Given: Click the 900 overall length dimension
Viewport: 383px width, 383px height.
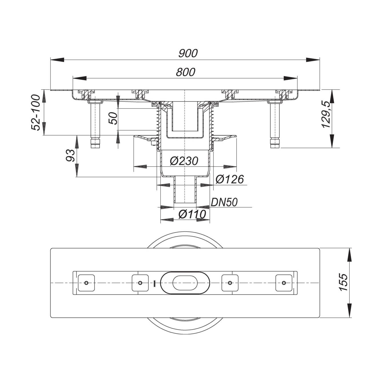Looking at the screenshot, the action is point(188,53).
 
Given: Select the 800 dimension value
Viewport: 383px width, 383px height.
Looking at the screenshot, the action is point(185,72).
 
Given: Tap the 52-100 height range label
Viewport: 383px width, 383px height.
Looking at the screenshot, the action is point(36,112).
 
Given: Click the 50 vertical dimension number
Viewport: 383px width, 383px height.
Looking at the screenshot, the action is point(113,118).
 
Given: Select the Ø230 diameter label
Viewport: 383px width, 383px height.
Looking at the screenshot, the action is point(184,161).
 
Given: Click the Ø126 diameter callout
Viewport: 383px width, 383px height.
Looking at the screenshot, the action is point(230,179).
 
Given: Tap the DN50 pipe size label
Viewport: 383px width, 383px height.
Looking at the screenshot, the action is point(224,203).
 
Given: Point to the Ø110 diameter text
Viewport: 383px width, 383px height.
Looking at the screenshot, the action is point(192,214).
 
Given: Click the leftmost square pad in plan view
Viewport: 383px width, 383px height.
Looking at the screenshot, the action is point(86,283).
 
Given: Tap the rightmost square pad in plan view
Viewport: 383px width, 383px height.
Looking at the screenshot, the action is point(284,283).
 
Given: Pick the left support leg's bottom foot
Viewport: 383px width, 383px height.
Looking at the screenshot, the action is point(95,144).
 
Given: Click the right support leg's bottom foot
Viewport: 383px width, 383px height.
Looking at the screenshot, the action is point(275,144).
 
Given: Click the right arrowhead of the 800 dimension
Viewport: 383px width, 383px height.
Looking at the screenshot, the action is point(290,78).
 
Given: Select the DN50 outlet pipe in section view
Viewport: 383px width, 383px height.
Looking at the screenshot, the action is point(185,190).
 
